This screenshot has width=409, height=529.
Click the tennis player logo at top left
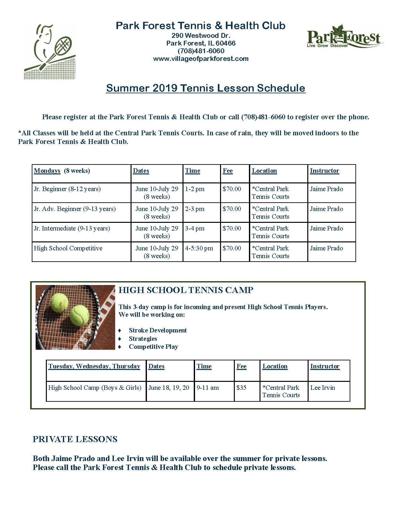click(x=50, y=51)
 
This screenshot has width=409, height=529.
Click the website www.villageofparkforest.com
click(x=201, y=59)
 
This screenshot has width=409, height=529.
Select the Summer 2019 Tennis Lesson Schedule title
click(x=206, y=88)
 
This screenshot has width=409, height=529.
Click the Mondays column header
click(x=47, y=171)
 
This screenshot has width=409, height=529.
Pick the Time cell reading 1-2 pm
click(x=195, y=189)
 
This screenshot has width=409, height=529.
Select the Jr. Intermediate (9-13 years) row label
click(x=72, y=229)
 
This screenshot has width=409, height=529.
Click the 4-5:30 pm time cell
click(x=199, y=248)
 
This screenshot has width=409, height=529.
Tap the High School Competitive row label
click(x=68, y=248)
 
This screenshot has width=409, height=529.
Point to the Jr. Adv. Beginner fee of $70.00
click(x=232, y=209)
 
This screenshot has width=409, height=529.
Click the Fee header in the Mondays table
click(x=228, y=171)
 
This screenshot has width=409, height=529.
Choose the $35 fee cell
click(x=241, y=388)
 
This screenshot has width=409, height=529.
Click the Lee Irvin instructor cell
click(x=322, y=388)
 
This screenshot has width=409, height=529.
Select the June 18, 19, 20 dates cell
click(x=169, y=388)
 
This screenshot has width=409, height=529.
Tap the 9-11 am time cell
click(x=208, y=388)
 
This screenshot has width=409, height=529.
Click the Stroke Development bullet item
click(x=158, y=330)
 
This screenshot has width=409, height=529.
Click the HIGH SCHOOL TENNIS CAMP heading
click(x=186, y=290)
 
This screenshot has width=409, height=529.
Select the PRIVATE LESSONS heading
click(x=75, y=439)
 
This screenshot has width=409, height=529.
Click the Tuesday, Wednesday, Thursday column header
click(x=94, y=366)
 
